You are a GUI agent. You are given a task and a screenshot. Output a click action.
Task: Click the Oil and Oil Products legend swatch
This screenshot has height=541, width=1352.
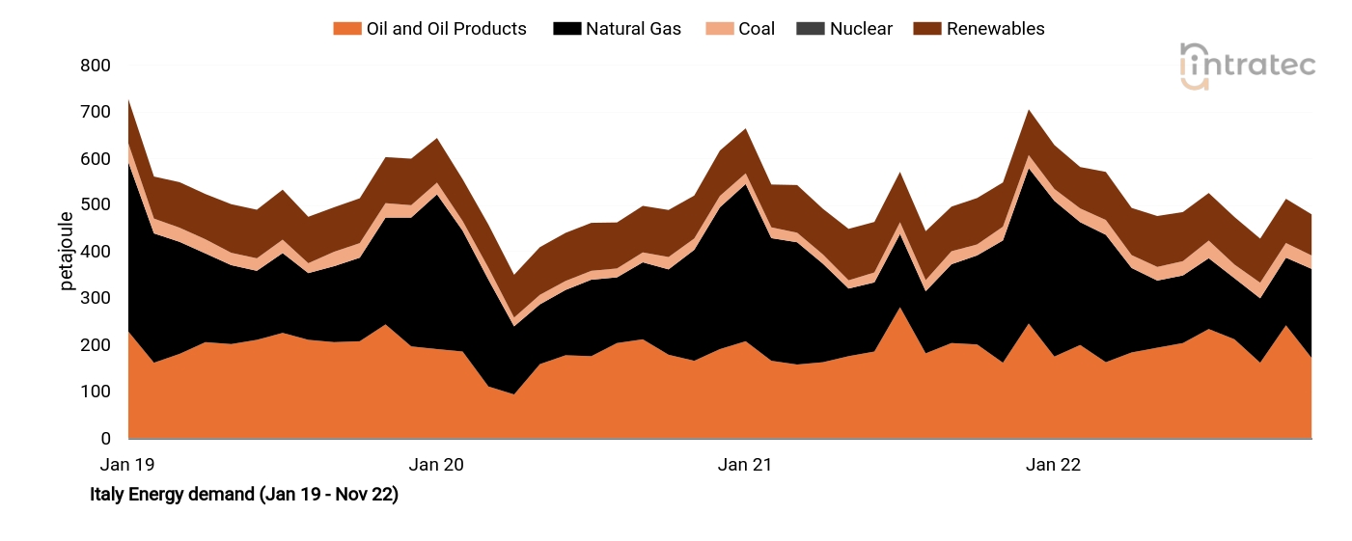coord(346,29)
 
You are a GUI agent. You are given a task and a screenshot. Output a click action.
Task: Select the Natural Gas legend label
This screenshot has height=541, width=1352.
coord(633,29)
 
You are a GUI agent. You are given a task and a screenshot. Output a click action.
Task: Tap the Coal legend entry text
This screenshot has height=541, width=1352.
coord(757,29)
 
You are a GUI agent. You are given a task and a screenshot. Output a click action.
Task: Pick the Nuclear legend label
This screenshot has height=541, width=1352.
coord(861,29)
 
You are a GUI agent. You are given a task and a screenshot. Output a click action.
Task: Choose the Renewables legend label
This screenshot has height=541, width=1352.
coord(995,29)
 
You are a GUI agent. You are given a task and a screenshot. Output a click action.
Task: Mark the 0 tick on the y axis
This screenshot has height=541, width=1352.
coord(106,439)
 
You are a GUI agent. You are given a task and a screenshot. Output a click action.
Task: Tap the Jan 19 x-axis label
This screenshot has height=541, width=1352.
coord(127,465)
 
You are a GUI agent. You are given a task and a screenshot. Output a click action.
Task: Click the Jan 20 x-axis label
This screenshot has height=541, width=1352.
coord(436,465)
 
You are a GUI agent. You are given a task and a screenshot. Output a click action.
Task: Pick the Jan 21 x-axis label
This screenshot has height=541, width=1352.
coord(745,465)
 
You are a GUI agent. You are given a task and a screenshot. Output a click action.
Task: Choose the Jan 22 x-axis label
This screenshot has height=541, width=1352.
coord(1054,465)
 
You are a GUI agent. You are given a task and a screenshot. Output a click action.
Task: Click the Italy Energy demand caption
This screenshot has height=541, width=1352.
coord(243,495)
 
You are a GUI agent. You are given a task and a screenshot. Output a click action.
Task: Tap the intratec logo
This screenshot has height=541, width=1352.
coord(1247,66)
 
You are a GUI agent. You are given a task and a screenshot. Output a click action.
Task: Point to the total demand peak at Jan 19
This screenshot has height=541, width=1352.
coord(128,99)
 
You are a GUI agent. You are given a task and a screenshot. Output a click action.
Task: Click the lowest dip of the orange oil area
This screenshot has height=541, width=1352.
coord(513,393)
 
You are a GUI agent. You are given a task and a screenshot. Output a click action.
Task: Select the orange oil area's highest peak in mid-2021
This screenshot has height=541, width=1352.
coord(899,308)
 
